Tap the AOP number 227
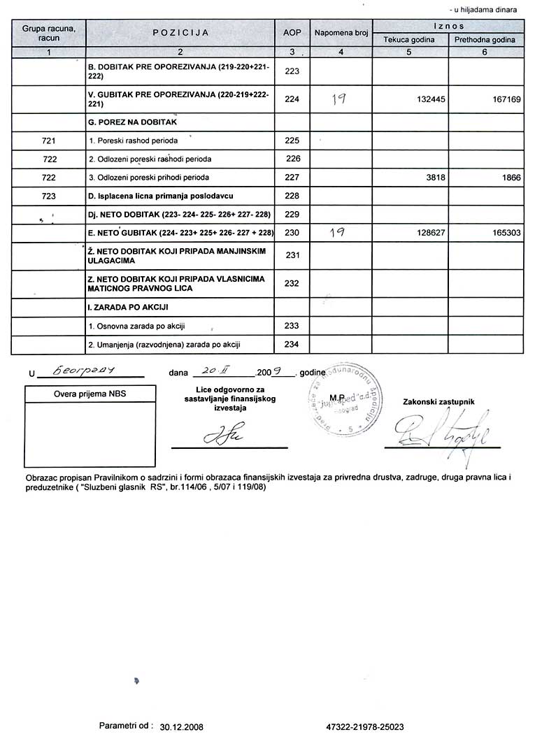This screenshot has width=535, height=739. pos(292,178)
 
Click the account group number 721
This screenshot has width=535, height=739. pos(49,141)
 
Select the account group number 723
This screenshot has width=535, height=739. pos(49,196)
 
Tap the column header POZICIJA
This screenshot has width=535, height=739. pos(180,33)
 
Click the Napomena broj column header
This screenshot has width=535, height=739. pos(341,33)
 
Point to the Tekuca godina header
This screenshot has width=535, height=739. pos(409,40)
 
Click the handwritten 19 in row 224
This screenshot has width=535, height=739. pos(338,99)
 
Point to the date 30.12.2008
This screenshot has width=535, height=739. pos(181,727)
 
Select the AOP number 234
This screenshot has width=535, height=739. pos(292,345)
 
